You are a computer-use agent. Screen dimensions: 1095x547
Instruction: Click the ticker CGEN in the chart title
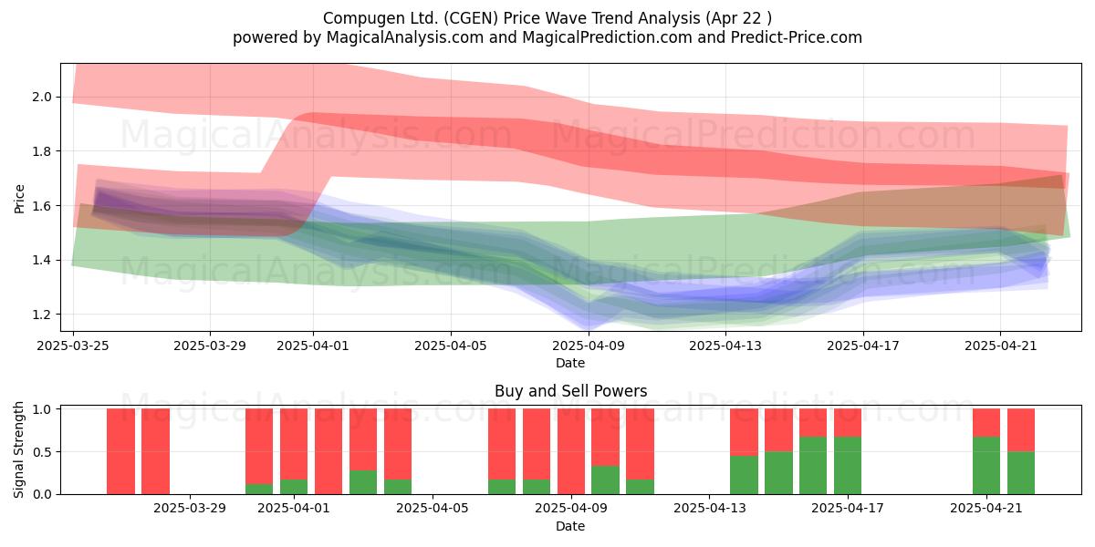(474, 18)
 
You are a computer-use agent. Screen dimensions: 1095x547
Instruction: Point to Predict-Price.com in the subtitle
(797, 37)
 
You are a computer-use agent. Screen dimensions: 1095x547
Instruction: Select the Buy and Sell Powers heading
(570, 391)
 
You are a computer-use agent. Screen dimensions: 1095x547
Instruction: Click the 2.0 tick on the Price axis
(42, 97)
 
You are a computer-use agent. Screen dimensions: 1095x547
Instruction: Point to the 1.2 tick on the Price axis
(42, 315)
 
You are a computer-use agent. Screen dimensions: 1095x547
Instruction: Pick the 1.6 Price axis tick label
(42, 206)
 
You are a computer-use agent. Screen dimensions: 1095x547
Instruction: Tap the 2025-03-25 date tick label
(73, 346)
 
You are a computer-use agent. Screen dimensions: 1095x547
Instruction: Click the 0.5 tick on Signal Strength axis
(42, 452)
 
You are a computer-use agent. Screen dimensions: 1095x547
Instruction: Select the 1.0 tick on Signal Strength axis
(42, 409)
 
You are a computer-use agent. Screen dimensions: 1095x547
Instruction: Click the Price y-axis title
(19, 199)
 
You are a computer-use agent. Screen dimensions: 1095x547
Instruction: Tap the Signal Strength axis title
(18, 449)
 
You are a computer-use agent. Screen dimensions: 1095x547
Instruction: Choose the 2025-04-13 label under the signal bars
(709, 509)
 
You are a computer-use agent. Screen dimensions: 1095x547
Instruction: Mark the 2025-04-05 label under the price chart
(451, 346)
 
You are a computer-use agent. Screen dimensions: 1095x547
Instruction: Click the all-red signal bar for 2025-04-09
(571, 451)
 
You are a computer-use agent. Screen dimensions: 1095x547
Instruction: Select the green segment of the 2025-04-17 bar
(848, 466)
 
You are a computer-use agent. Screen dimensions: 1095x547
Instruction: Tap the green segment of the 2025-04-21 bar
(986, 466)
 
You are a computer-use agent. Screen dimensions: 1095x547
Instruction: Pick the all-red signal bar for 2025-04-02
(328, 451)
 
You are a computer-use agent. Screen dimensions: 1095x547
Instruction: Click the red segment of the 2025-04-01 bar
(294, 444)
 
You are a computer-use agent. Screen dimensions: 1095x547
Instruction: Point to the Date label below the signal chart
(570, 526)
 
